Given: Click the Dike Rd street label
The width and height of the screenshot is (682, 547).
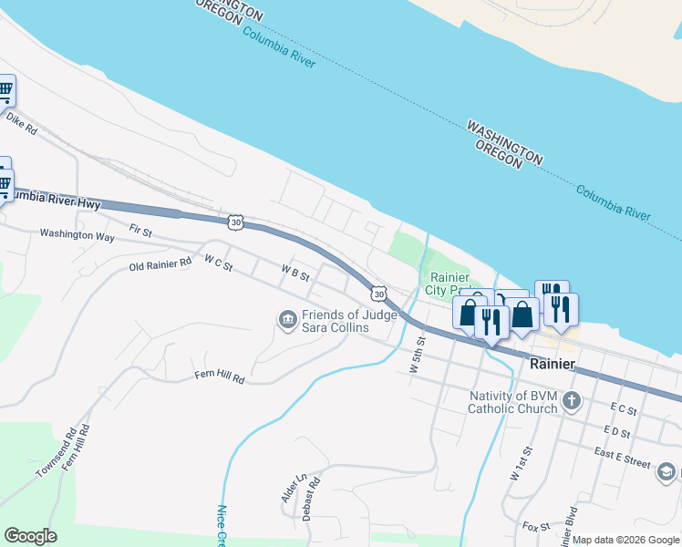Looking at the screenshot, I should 21,123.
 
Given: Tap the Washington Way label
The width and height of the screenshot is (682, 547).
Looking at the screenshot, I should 77,234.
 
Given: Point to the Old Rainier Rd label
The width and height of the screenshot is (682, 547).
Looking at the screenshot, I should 160,263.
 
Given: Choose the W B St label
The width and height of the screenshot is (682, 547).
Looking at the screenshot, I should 295,272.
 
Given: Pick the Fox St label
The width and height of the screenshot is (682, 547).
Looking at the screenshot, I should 536,527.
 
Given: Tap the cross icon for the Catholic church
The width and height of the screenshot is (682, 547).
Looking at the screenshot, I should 572,400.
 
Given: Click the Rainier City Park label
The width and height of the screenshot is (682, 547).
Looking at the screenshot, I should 449,284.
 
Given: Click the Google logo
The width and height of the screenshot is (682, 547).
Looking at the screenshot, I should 30,536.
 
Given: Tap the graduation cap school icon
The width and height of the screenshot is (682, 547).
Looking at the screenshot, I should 666,471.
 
